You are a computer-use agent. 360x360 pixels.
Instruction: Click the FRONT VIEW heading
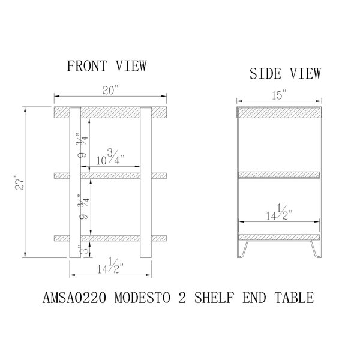107,65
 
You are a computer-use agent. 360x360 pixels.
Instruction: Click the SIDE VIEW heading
285,73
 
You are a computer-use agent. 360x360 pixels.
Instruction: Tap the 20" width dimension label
110,90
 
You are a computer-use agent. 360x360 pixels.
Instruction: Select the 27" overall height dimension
19,182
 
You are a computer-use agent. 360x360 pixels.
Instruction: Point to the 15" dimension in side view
280,95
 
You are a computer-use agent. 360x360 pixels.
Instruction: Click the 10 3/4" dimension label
110,157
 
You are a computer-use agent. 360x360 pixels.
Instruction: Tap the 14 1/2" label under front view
110,266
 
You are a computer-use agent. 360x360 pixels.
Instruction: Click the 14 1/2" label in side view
279,212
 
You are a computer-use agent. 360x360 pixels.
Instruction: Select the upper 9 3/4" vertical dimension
83,145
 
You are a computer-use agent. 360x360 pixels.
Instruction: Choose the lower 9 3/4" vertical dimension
83,207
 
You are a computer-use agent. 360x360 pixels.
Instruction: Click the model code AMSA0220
74,298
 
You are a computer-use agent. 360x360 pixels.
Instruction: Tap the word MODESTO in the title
142,298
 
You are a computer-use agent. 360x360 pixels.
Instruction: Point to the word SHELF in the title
214,298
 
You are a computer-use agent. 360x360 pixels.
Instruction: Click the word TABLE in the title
294,298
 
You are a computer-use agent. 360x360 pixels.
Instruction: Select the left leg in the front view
75,182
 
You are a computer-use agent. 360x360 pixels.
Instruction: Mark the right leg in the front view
146,182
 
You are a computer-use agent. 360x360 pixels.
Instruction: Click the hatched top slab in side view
279,113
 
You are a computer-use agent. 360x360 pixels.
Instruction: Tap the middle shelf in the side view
279,175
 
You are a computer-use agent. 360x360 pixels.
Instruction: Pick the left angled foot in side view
242,249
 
